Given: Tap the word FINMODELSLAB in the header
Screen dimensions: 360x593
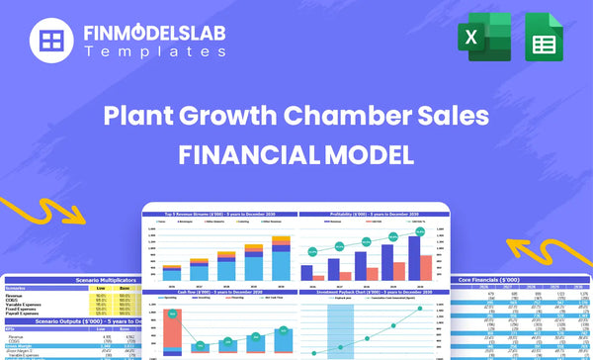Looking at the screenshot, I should pos(155,32).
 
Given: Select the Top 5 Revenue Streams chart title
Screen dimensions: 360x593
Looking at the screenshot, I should pos(219,215).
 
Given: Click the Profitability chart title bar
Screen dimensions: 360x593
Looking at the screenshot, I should pos(370,215).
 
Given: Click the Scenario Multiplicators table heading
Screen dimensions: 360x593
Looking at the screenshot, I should pos(89,280).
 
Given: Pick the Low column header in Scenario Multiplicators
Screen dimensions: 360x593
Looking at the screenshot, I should pos(100,288).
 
